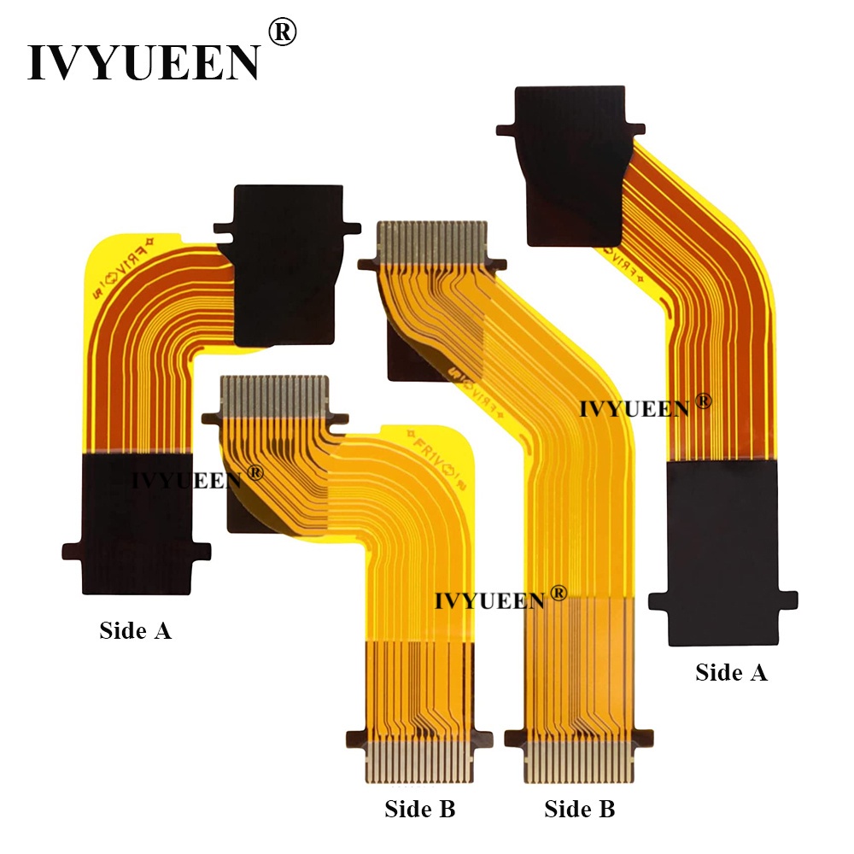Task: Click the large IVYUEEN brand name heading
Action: click(x=143, y=61)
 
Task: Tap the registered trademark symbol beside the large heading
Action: click(x=282, y=32)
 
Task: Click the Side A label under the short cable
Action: click(x=135, y=630)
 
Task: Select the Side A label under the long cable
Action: click(x=731, y=672)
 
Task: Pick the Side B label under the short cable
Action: click(x=419, y=808)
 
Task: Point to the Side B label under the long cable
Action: click(x=579, y=808)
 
